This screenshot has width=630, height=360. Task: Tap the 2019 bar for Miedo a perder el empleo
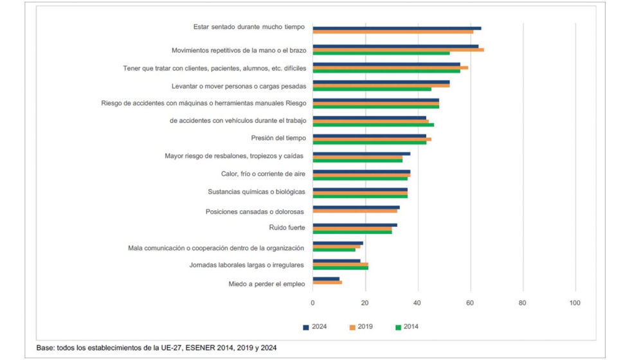(327, 282)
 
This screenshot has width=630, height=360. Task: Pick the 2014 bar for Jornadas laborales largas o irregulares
(340, 267)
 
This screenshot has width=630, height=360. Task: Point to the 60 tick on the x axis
(471, 303)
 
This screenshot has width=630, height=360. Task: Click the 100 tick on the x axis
(575, 303)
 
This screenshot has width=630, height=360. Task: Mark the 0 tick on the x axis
(313, 303)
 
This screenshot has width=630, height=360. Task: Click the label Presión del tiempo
(278, 138)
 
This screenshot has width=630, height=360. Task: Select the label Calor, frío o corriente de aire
(264, 174)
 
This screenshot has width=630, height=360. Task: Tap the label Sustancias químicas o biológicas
(257, 192)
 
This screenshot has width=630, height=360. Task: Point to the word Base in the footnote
(46, 348)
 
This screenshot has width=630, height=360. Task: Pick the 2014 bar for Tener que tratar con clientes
(386, 71)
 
